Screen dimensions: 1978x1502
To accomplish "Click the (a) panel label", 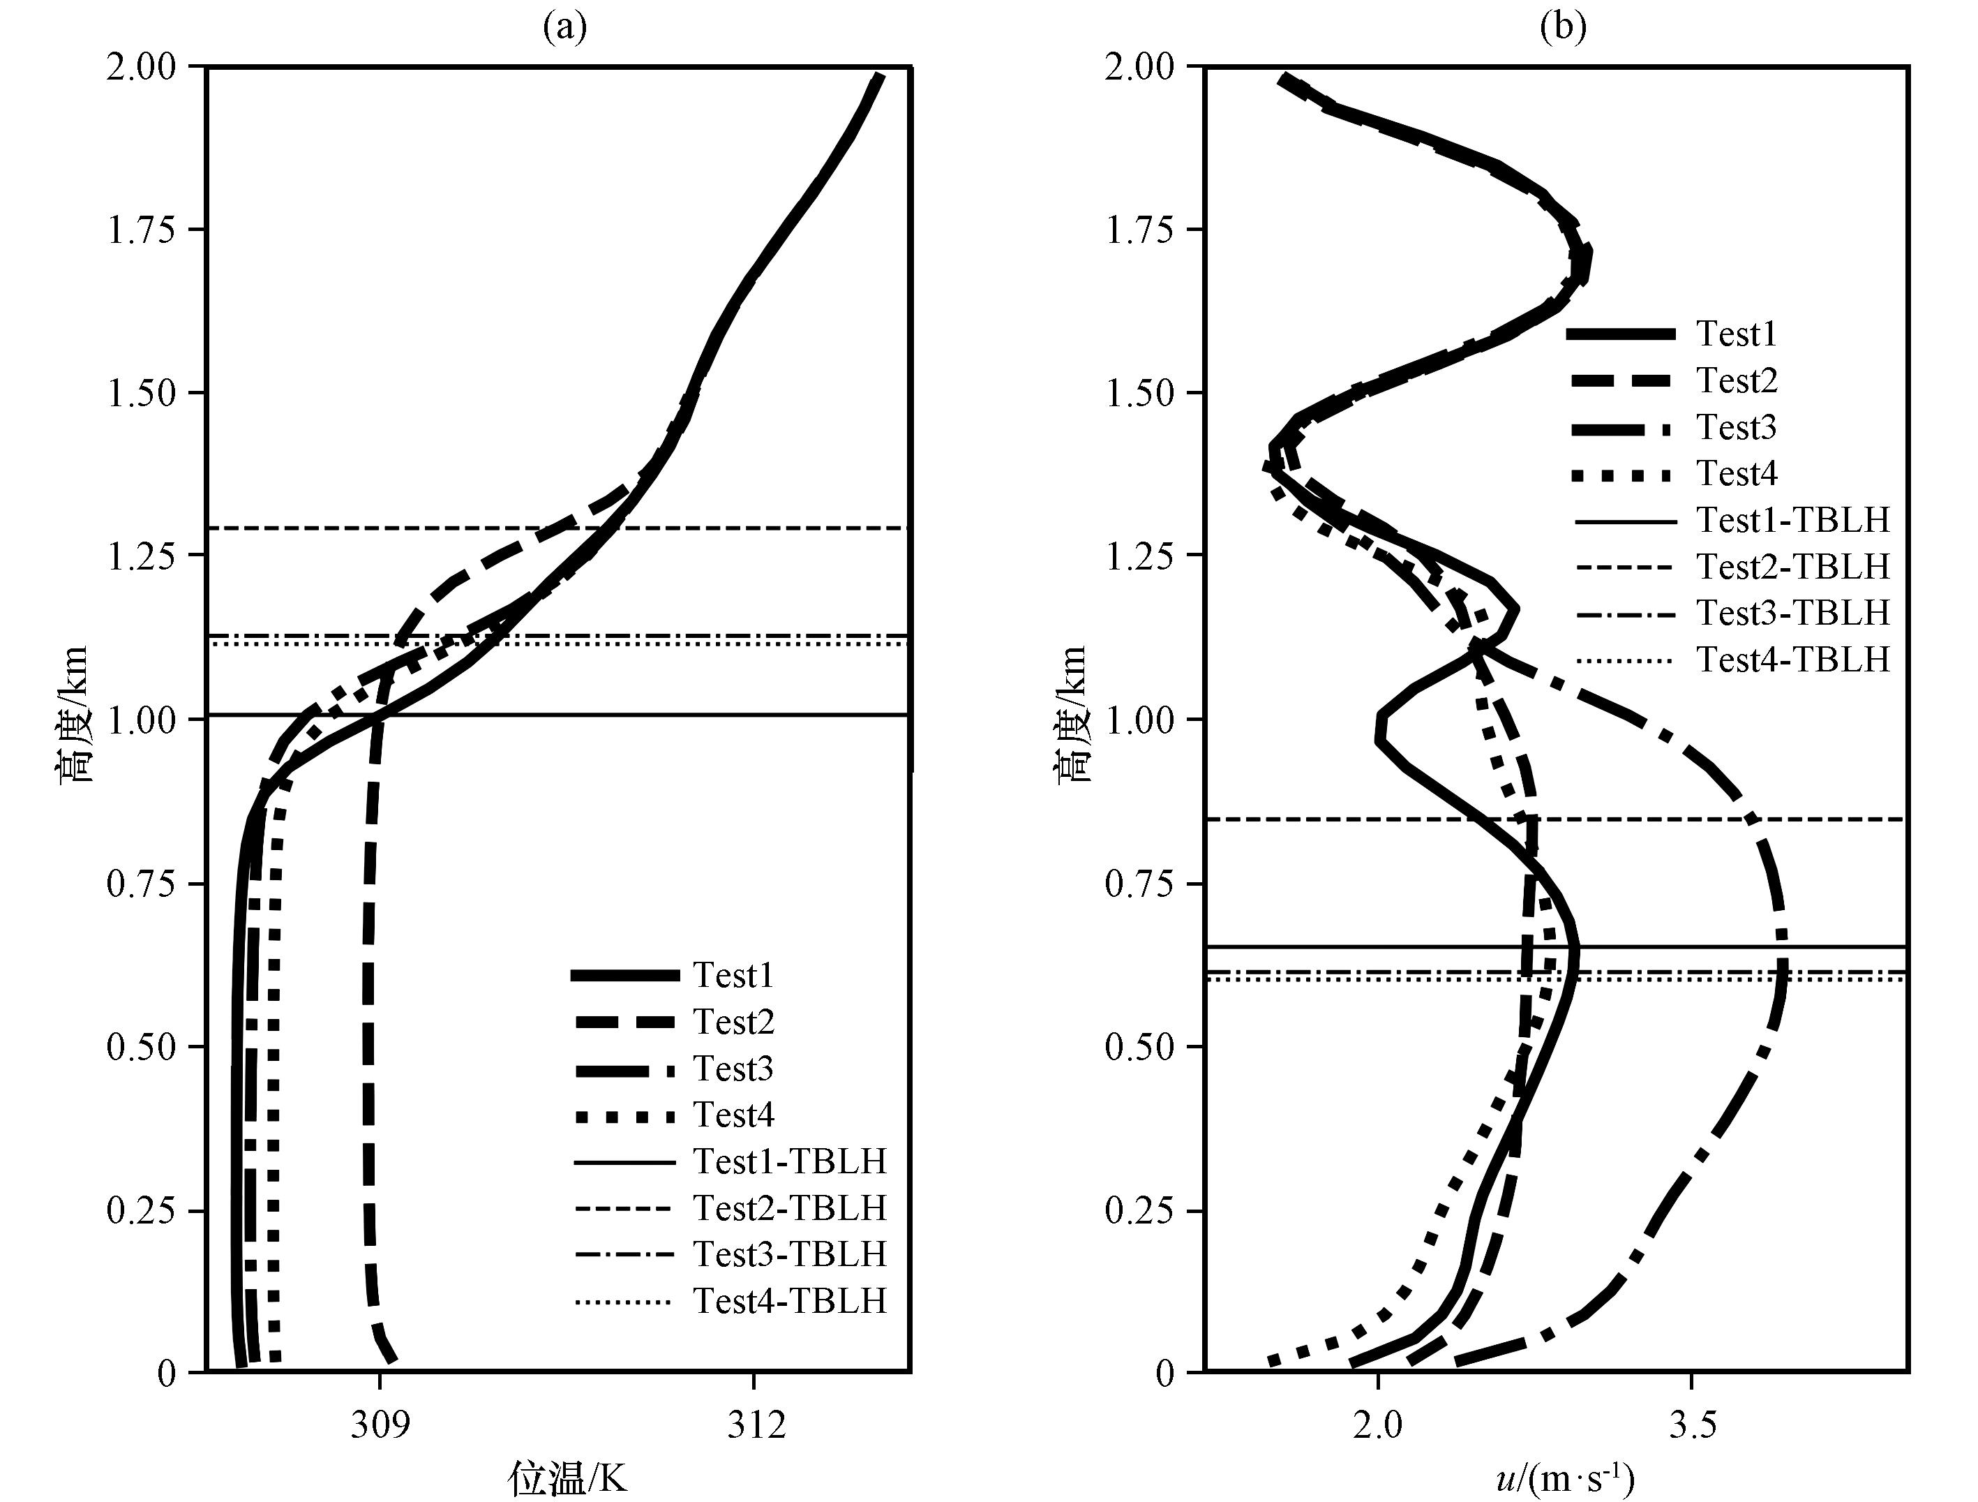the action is pyautogui.click(x=565, y=28).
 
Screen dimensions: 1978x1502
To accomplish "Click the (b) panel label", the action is pyautogui.click(x=1563, y=28).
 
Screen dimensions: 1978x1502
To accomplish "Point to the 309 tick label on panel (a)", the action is pyautogui.click(x=380, y=1425).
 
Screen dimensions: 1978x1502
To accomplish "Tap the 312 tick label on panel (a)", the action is pyautogui.click(x=756, y=1425).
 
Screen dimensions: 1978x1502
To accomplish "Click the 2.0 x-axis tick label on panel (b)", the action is pyautogui.click(x=1378, y=1425).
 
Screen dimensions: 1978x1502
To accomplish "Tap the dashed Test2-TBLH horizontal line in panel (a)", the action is pyautogui.click(x=558, y=528).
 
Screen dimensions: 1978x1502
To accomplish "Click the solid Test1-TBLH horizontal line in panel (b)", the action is pyautogui.click(x=1557, y=946).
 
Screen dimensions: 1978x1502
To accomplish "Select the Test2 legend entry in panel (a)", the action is pyautogui.click(x=673, y=1022).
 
